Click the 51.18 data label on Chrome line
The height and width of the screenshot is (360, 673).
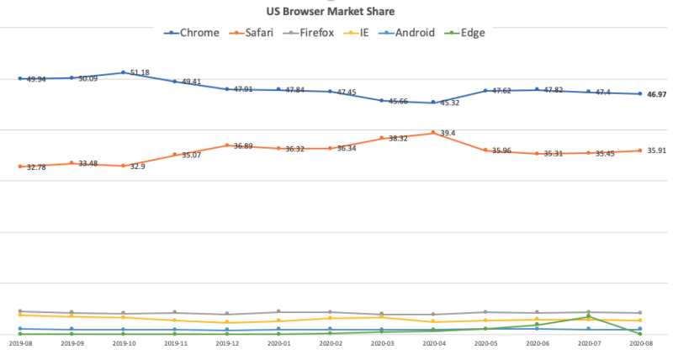[140, 73]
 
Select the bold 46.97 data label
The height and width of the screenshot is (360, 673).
[655, 95]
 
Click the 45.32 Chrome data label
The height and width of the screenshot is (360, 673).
[450, 103]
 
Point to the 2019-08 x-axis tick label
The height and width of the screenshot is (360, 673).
[20, 343]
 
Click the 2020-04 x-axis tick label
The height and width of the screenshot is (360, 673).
[434, 343]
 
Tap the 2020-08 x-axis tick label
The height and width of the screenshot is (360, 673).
[641, 343]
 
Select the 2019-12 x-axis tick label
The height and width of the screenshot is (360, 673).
[227, 343]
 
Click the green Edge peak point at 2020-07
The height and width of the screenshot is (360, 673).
[589, 316]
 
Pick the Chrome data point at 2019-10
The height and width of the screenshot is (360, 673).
[124, 72]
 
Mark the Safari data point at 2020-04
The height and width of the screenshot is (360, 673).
[434, 132]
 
